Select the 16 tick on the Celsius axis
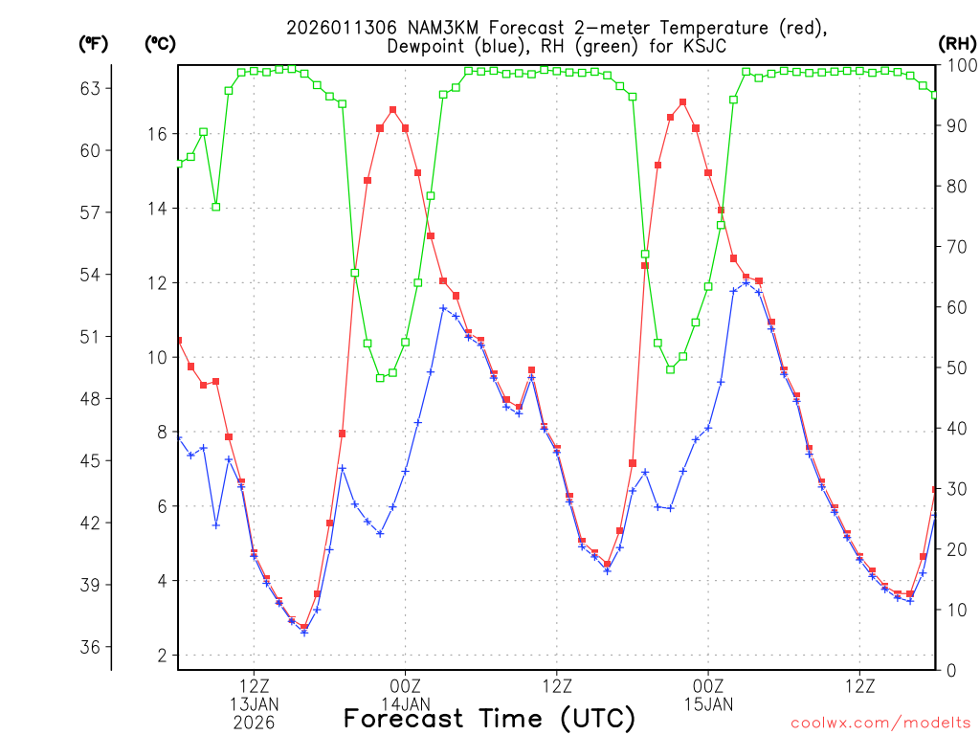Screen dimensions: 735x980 [156, 134]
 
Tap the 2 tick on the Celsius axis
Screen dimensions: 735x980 [161, 656]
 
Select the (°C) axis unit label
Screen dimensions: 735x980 [161, 43]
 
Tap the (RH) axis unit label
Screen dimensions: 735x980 [958, 43]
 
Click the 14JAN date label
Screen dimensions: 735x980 [406, 704]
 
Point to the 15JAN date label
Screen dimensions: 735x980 [708, 704]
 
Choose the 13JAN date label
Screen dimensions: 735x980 [254, 704]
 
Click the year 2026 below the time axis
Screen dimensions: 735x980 [254, 723]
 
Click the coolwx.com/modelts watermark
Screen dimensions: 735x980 [880, 721]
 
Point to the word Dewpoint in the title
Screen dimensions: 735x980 [427, 46]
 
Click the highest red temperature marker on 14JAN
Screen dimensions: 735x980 [393, 110]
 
